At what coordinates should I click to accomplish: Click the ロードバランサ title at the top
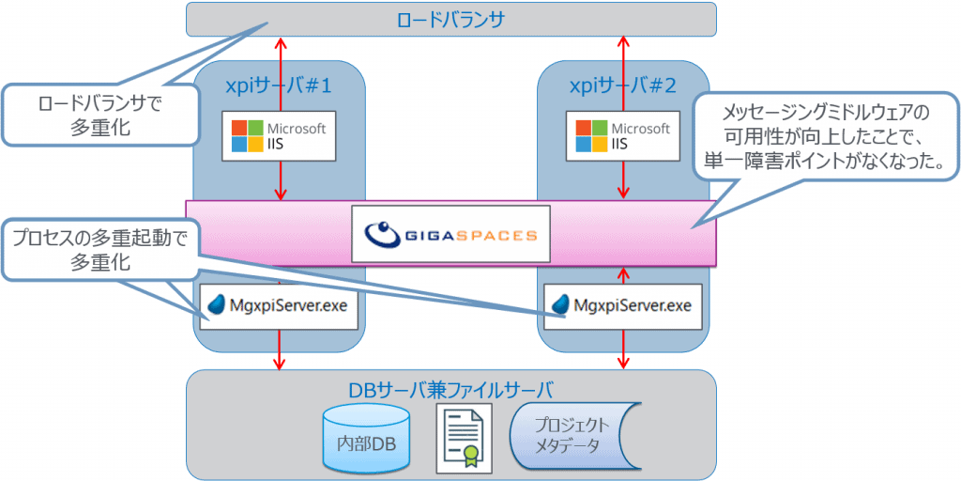tap(451, 18)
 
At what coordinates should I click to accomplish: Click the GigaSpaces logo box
tap(450, 233)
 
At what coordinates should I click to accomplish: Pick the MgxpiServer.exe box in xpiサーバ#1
tap(280, 305)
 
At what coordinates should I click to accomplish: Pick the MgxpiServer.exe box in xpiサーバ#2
tap(623, 305)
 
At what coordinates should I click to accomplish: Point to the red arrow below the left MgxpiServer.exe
tap(280, 349)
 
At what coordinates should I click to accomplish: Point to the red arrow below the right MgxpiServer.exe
tap(623, 349)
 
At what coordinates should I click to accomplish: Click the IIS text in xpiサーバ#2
tap(619, 146)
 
